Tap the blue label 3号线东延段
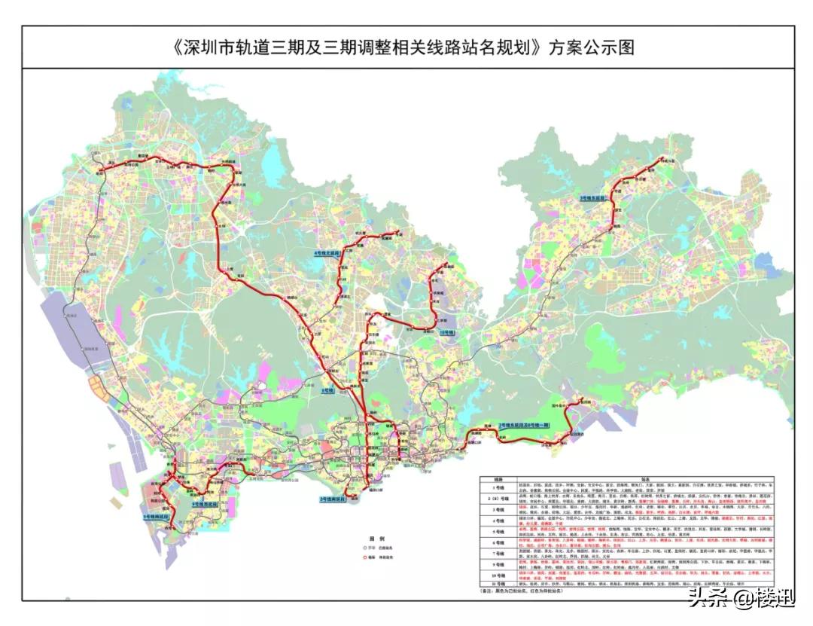point(595,197)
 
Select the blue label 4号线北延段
point(328,254)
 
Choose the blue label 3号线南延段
point(336,499)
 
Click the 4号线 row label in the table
point(498,519)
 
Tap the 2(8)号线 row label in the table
point(498,498)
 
